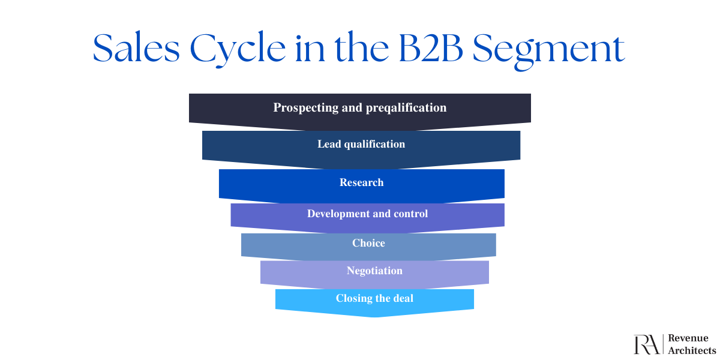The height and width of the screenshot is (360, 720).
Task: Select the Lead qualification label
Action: coord(361,144)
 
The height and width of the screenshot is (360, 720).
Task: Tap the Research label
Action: coord(361,182)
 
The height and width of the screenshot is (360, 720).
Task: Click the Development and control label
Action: coord(367,214)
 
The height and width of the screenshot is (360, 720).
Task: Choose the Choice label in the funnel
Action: coord(368,243)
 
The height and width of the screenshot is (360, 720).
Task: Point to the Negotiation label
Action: coord(374,271)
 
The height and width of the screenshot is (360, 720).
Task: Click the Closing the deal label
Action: coord(374,298)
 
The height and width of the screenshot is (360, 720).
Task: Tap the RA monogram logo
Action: coord(647,344)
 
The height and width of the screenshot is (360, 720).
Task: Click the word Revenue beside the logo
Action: coord(688,338)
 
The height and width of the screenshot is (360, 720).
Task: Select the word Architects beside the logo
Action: coord(692,350)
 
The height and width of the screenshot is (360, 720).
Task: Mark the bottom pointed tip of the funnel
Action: coord(375,316)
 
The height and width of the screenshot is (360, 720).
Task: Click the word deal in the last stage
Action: coord(402,298)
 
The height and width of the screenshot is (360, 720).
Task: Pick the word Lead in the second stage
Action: coord(329,144)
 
